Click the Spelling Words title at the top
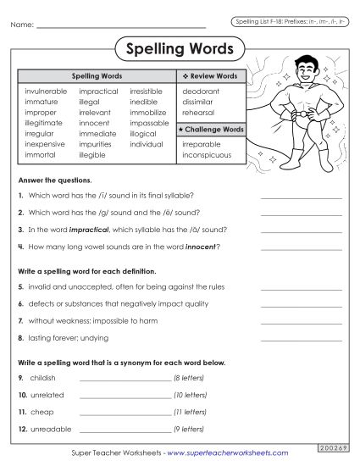click(179, 50)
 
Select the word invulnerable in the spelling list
click(47, 90)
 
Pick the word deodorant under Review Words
click(201, 90)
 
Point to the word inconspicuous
click(208, 156)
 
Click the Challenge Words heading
click(213, 129)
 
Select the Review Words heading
click(212, 76)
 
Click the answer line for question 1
click(301, 197)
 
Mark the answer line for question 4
click(301, 248)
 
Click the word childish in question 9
click(42, 377)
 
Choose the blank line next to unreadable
click(125, 430)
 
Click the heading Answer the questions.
click(55, 180)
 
